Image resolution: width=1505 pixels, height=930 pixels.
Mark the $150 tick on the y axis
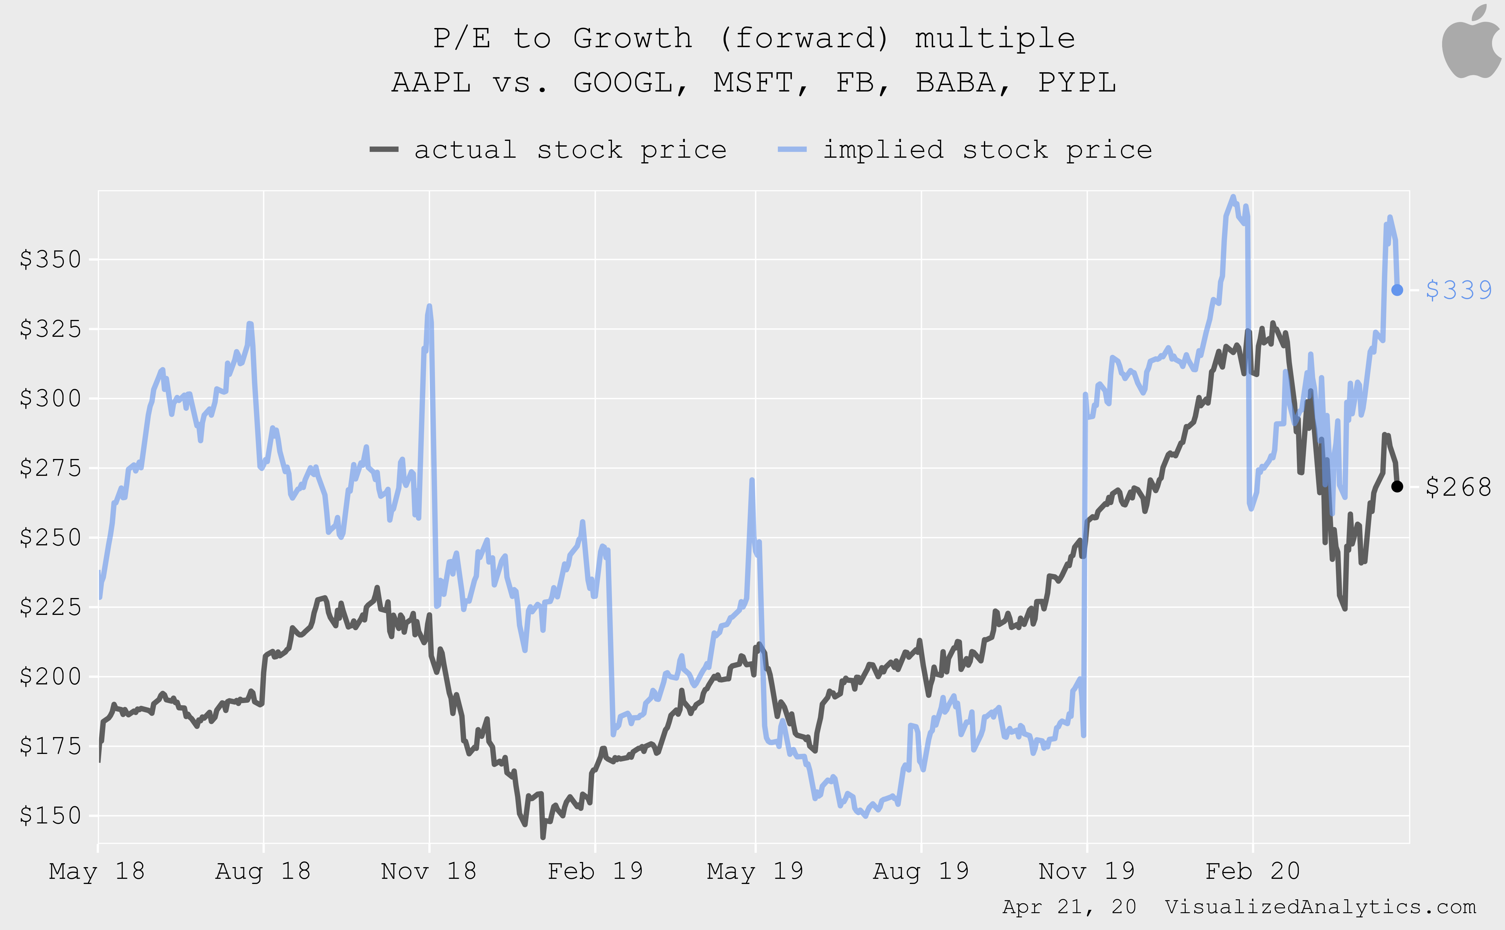tap(51, 816)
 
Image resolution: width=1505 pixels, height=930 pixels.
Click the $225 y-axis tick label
tap(51, 607)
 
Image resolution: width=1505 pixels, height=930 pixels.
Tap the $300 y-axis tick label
tap(51, 398)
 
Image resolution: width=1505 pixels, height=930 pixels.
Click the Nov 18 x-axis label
tap(429, 871)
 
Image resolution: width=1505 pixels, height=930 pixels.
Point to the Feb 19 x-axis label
tap(595, 871)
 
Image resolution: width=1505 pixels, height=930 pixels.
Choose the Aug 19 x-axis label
tap(921, 871)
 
